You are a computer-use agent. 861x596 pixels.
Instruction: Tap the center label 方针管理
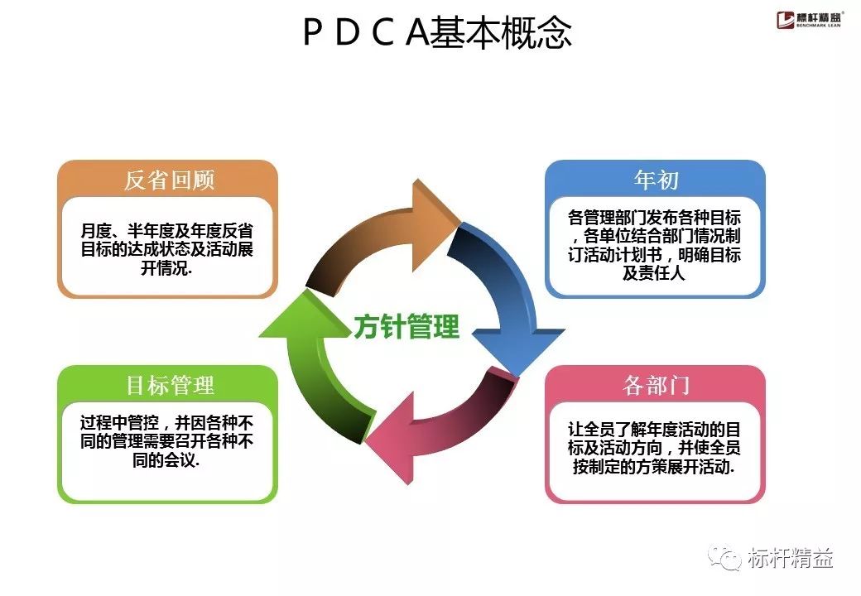coord(406,326)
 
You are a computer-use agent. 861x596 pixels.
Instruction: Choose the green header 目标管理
coord(169,385)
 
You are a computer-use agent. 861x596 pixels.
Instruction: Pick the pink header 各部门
coord(655,385)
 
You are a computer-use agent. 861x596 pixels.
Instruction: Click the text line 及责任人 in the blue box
coord(654,274)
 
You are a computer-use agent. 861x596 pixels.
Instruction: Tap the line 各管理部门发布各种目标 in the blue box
coord(654,218)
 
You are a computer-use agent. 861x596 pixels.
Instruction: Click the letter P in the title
coord(312,33)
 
